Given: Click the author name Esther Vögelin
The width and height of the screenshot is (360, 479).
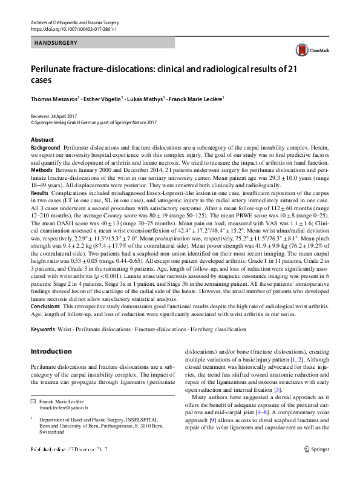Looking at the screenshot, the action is [x=102, y=97].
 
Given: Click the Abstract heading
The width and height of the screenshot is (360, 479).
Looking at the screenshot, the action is [x=42, y=139].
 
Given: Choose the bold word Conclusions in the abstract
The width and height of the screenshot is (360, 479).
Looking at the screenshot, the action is [x=45, y=307].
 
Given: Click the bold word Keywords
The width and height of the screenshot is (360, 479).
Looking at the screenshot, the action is [x=44, y=329].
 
